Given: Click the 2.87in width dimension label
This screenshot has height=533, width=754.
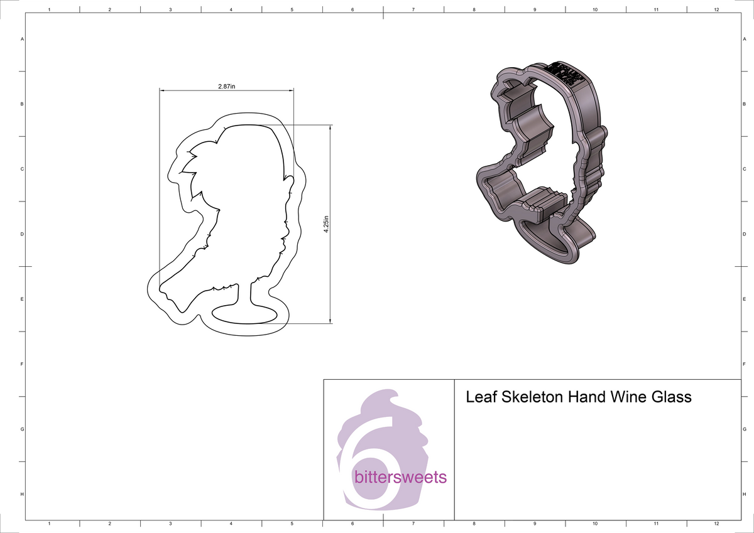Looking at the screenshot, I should click(227, 86).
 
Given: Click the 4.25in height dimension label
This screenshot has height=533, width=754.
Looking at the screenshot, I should click(326, 224).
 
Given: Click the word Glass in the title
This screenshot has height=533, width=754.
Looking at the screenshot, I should click(672, 397).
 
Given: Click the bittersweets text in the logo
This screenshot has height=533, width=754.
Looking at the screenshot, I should click(400, 477).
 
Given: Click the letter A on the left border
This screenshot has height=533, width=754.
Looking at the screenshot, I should click(23, 39).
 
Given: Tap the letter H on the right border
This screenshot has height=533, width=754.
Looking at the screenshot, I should click(744, 495).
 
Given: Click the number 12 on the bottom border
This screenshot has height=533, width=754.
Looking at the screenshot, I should click(716, 523).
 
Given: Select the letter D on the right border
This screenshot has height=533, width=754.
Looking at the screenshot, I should click(744, 234).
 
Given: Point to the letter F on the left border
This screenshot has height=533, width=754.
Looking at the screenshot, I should click(23, 364).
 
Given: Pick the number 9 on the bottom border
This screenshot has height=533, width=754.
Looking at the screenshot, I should click(534, 523).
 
